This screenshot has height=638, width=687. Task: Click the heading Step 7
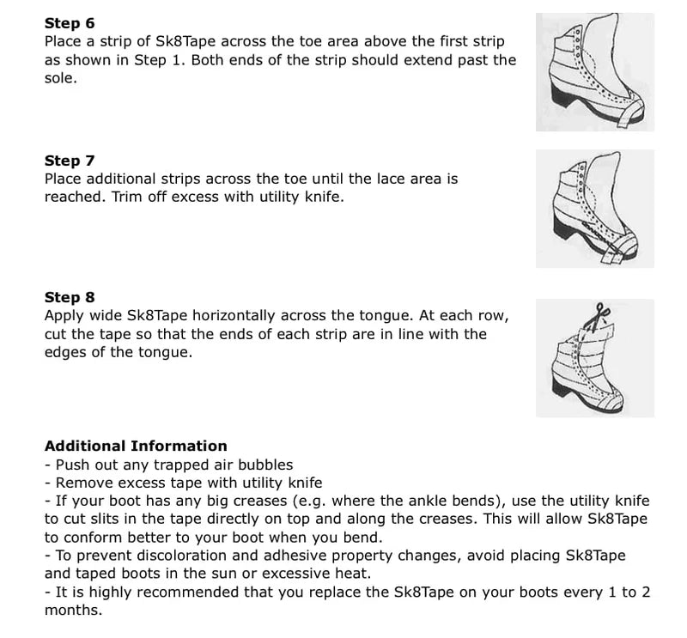(70, 161)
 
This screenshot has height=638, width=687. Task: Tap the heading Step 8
(70, 298)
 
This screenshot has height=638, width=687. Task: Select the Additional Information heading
(136, 446)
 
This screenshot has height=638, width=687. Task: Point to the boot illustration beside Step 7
(593, 209)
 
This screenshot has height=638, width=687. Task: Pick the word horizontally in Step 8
(269, 316)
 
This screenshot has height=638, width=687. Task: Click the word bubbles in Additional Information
(266, 465)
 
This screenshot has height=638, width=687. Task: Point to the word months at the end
(72, 611)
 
